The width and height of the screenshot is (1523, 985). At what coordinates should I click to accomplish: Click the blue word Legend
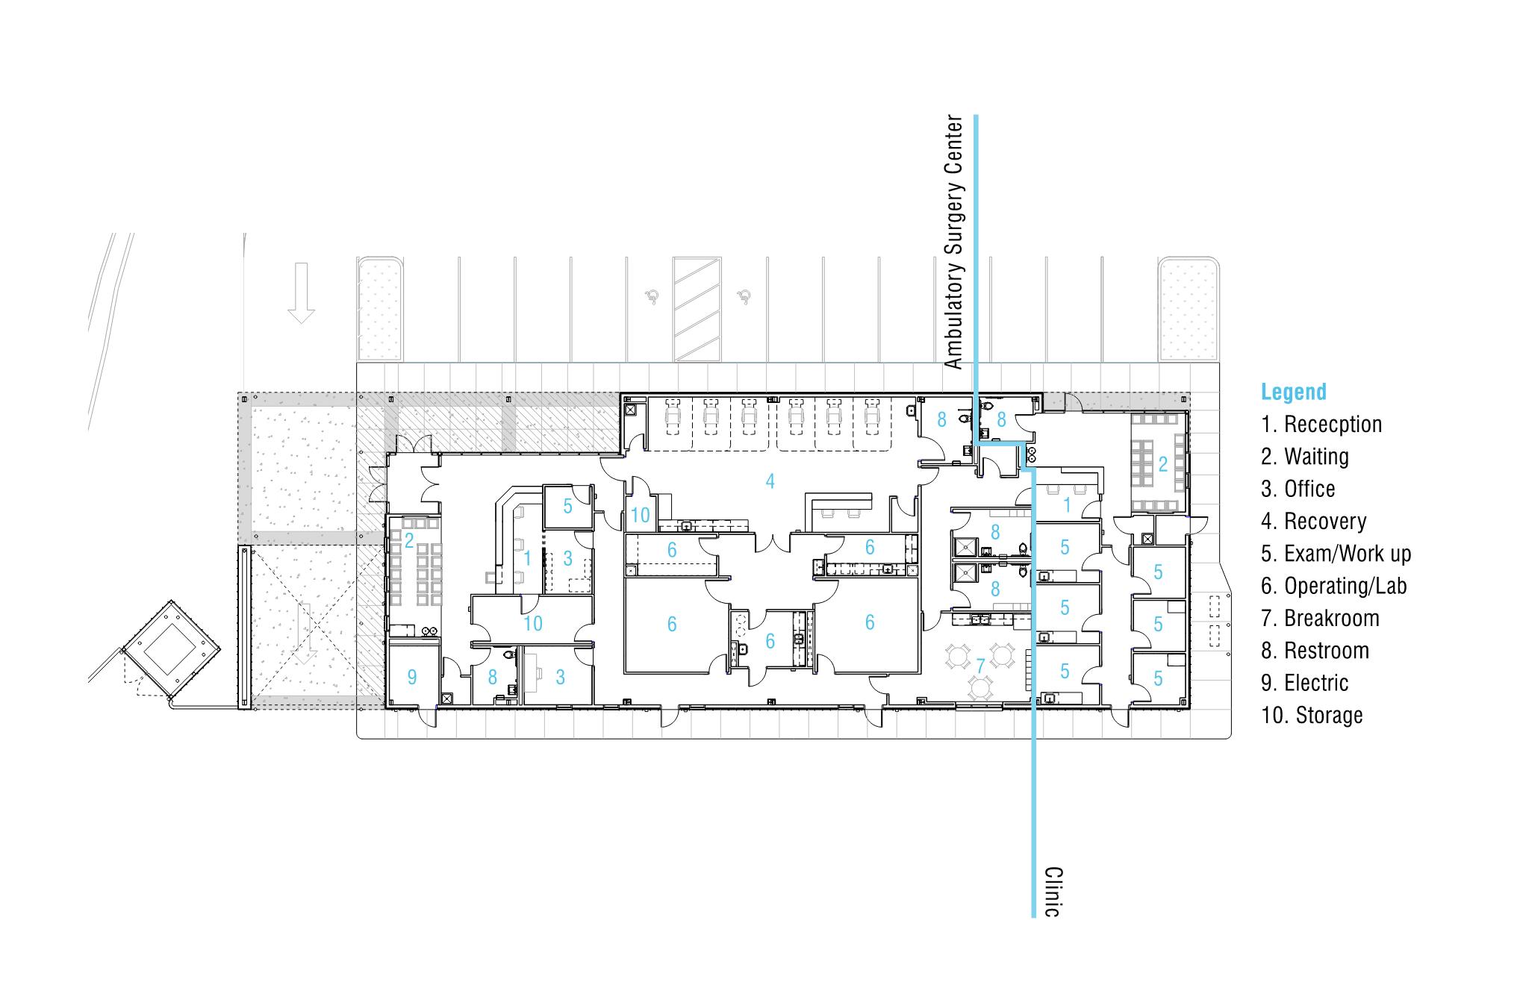(1294, 392)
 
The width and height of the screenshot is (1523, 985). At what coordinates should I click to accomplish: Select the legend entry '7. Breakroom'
(1320, 619)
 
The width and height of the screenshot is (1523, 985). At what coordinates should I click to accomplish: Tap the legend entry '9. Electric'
(1305, 683)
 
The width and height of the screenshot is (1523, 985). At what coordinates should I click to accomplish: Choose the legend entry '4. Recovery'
(1314, 521)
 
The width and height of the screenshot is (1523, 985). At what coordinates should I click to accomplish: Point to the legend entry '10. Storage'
(1312, 716)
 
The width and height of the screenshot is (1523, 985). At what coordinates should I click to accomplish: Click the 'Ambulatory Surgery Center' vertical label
(954, 241)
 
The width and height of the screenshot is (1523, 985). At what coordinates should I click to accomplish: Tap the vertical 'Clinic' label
(1053, 892)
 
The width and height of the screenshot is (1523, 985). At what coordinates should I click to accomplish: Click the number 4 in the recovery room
(770, 481)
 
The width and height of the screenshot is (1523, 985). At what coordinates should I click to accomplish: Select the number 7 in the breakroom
(981, 665)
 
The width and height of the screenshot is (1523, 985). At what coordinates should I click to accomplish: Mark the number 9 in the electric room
(411, 677)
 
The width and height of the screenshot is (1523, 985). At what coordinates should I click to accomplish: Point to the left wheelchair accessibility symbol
(653, 297)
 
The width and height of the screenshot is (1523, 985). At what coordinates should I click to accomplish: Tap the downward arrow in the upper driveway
(301, 293)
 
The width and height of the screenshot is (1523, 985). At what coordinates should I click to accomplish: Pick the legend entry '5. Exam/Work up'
(1336, 554)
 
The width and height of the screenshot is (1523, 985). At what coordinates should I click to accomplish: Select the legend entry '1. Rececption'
(1321, 425)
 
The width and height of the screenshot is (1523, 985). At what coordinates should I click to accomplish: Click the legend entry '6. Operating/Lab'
(1334, 587)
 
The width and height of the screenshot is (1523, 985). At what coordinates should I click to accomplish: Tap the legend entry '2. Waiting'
(1305, 457)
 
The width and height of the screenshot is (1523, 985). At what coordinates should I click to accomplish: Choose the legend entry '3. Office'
(1298, 489)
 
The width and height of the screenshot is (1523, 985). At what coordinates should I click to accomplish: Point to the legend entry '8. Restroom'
(1315, 651)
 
